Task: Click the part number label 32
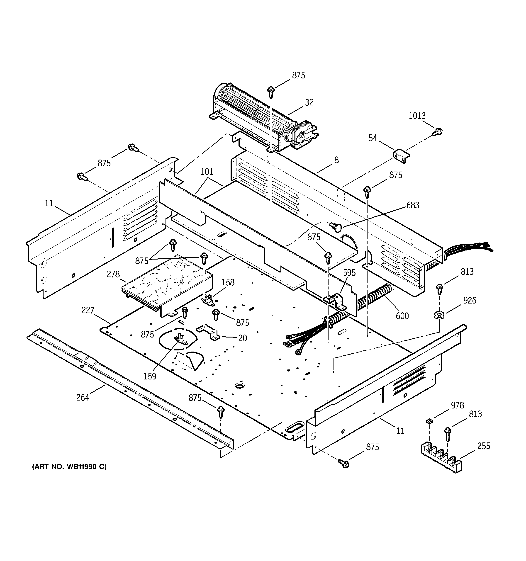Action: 309,102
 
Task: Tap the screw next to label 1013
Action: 438,131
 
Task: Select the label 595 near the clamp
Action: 349,273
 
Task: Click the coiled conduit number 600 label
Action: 402,316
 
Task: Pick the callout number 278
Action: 113,274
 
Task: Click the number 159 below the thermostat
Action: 150,376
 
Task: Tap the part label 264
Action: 83,398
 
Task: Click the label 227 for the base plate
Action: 88,310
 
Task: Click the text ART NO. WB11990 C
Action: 69,467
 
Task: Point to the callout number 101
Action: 207,172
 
